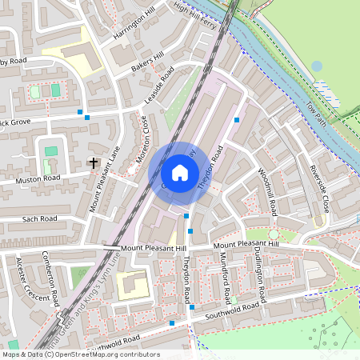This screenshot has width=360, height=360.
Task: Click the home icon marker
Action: (x=180, y=172)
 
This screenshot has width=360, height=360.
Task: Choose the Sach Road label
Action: (x=40, y=218)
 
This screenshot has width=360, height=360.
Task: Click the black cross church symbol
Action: (x=94, y=162)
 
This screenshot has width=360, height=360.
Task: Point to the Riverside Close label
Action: (x=318, y=189)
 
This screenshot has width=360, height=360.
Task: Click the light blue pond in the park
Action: (x=317, y=66)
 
